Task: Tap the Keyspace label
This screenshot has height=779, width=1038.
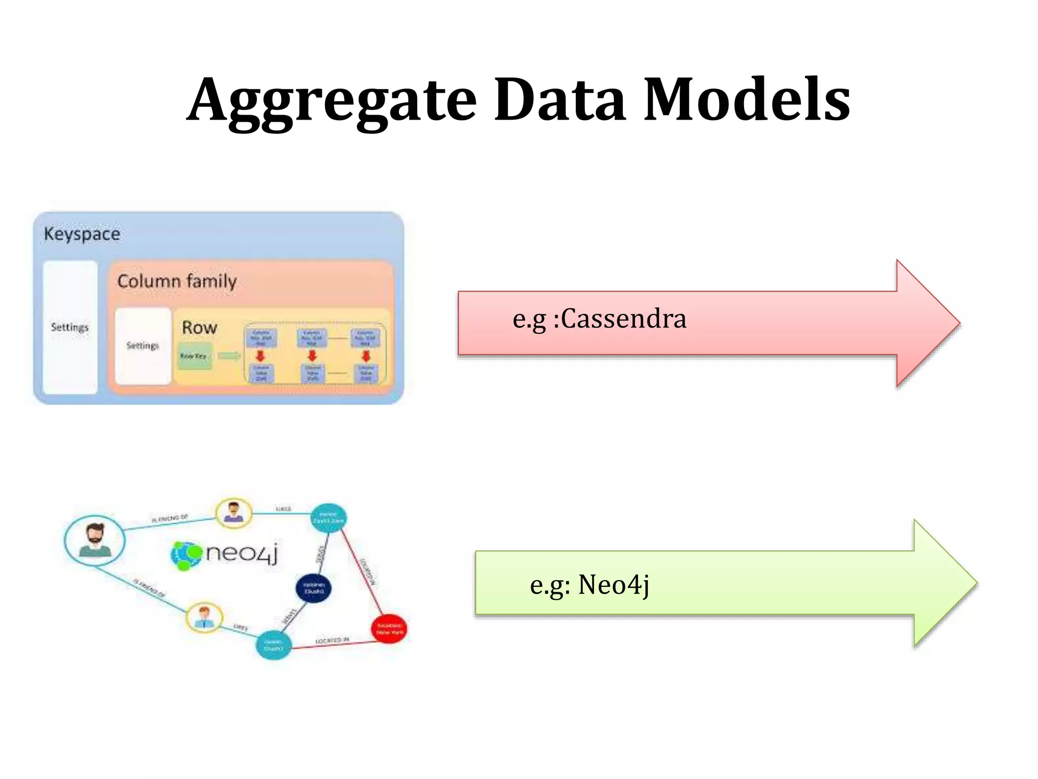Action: [x=82, y=234]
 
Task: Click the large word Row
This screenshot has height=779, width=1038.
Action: [x=199, y=328]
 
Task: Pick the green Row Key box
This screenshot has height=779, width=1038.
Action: [x=194, y=356]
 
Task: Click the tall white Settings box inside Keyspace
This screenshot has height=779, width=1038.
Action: [x=70, y=327]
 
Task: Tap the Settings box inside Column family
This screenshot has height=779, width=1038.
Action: [x=143, y=346]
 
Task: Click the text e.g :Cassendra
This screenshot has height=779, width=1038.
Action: [x=599, y=319]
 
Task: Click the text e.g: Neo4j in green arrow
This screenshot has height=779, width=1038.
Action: [x=589, y=585]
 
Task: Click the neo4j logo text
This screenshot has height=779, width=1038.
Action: [x=242, y=553]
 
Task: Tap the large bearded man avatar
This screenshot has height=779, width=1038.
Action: [x=95, y=541]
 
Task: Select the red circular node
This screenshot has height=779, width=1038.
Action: [x=389, y=629]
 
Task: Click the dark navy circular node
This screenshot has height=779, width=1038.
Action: [x=314, y=588]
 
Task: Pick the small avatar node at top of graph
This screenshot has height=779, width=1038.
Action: [x=234, y=513]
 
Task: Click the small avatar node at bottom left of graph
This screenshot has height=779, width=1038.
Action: [x=204, y=617]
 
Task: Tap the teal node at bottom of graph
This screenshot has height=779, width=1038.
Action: [x=274, y=645]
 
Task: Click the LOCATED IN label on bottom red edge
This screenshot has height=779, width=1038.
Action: [x=332, y=641]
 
